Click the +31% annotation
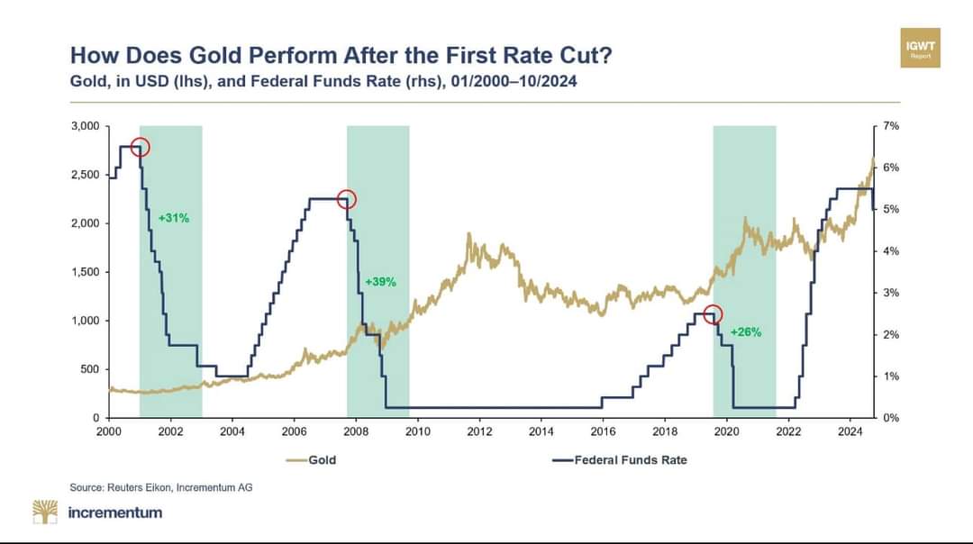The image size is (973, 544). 174,218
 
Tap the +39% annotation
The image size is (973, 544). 380,282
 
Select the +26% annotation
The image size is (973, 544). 746,331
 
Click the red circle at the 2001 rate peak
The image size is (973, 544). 140,147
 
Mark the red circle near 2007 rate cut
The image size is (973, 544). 347,199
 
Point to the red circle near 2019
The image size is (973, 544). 713,314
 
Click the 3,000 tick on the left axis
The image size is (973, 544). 86,126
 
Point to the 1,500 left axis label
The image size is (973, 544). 86,272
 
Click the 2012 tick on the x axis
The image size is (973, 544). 479,431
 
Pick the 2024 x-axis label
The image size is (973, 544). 850,431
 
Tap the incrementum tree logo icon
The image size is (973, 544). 45,512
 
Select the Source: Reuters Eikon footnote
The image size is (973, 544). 161,487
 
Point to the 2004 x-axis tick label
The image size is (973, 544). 232,431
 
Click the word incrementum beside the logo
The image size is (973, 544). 115,512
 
